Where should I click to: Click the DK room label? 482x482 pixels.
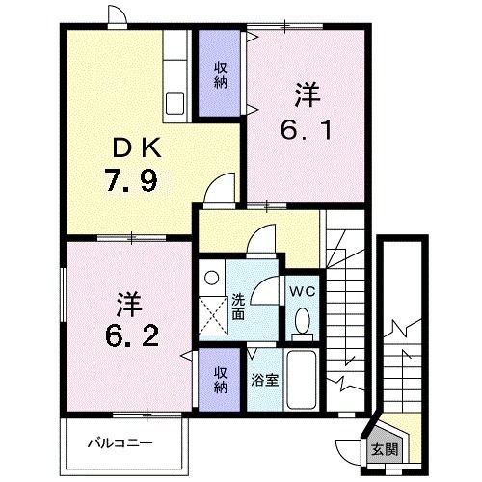click(x=137, y=148)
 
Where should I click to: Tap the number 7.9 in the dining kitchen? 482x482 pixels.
click(x=132, y=180)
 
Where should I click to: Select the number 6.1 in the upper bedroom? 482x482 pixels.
click(x=307, y=130)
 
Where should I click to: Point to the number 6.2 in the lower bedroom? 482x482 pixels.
click(x=132, y=335)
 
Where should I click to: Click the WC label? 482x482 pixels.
click(x=303, y=292)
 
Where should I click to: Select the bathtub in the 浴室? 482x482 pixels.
click(x=302, y=380)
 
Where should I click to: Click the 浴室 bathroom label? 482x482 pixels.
click(x=265, y=381)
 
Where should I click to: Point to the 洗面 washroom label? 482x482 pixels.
click(x=238, y=307)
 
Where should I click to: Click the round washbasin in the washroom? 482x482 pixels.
click(x=212, y=278)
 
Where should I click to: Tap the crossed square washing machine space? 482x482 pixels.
click(x=212, y=316)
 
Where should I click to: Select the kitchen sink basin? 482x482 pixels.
click(x=175, y=103)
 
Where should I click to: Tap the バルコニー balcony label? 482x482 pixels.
click(x=120, y=443)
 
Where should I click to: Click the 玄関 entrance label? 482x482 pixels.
click(x=385, y=449)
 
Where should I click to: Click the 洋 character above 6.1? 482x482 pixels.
click(x=308, y=94)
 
